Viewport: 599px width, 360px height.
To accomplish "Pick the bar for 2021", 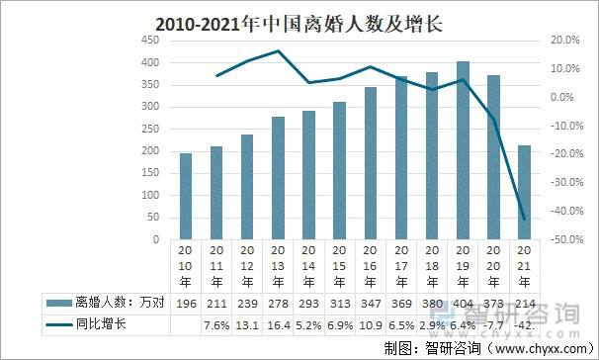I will (524, 192).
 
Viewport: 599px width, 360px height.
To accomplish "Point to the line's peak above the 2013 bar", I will (279, 51).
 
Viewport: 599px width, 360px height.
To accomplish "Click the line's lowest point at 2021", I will (524, 219).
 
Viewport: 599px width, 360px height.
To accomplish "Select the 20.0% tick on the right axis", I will (563, 40).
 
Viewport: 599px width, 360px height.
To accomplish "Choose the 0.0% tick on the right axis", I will (563, 97).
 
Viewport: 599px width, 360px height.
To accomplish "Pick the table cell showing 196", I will (186, 302).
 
